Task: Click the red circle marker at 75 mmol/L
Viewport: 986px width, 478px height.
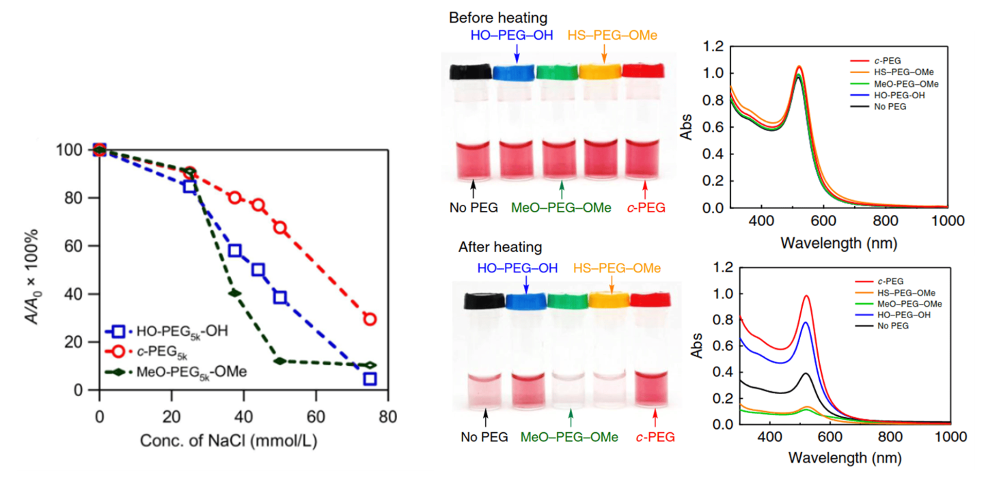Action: pos(370,319)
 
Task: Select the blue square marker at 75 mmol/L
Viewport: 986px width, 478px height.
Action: pos(370,379)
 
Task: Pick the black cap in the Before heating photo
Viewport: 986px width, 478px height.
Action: pos(471,71)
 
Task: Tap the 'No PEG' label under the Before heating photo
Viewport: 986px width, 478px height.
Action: pos(472,208)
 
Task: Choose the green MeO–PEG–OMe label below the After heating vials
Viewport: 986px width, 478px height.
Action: pos(569,436)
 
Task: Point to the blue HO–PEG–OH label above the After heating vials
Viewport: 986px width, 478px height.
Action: pos(525,268)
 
